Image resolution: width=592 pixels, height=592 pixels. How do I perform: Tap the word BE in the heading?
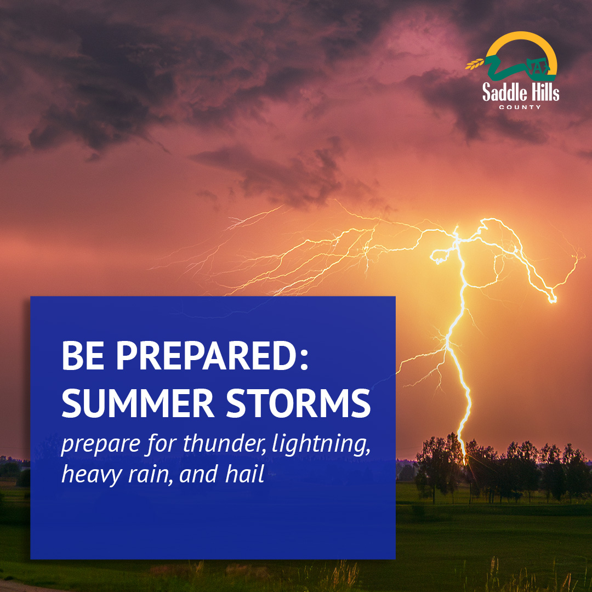[x=83, y=355]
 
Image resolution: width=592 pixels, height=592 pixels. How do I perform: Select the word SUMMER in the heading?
[x=138, y=403]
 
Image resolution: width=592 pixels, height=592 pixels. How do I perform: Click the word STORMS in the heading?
[x=298, y=403]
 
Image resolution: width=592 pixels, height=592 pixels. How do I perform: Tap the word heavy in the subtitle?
[x=91, y=475]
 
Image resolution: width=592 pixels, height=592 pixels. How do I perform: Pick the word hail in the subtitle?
[x=244, y=474]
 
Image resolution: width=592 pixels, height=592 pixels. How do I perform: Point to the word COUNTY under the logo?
[x=520, y=107]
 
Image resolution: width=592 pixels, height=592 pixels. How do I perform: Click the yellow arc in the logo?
[x=521, y=35]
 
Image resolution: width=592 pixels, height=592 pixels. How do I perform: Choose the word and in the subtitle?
[x=198, y=474]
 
